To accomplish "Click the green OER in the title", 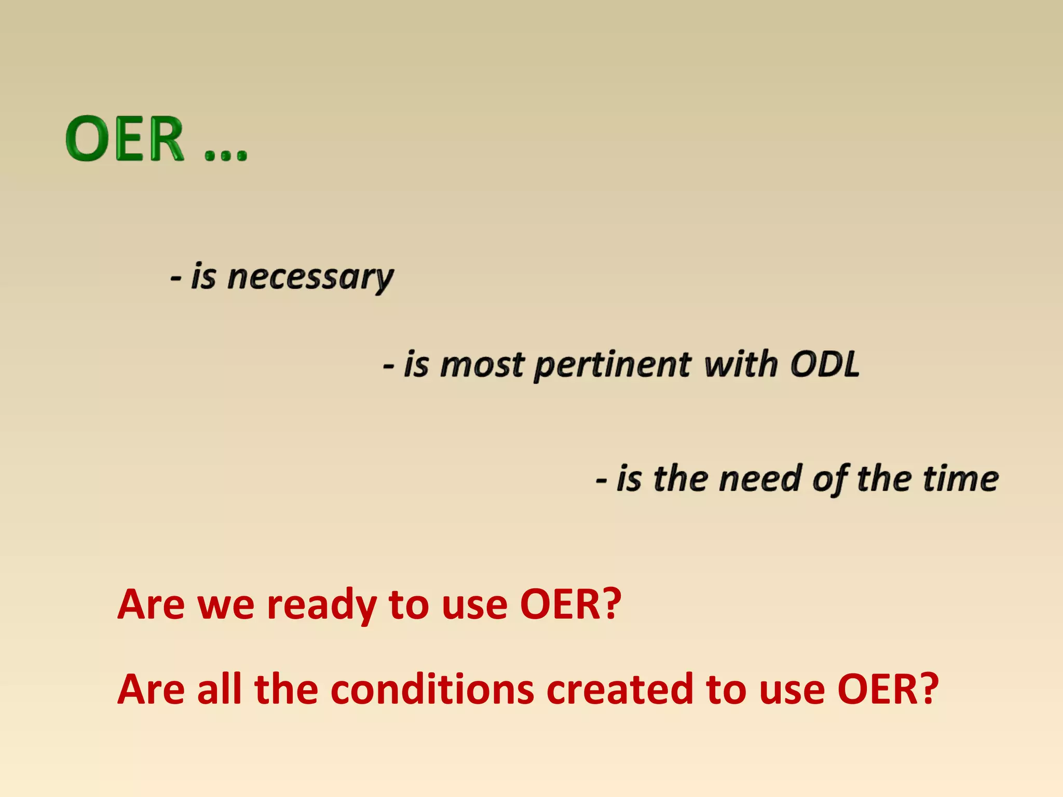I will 125,139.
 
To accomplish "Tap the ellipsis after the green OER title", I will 226,154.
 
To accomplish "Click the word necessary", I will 310,278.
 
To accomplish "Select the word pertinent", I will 612,365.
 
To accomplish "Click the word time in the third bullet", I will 960,478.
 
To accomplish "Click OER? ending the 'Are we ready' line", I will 570,604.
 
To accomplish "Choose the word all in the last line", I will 219,690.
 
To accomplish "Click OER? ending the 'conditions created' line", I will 888,690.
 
